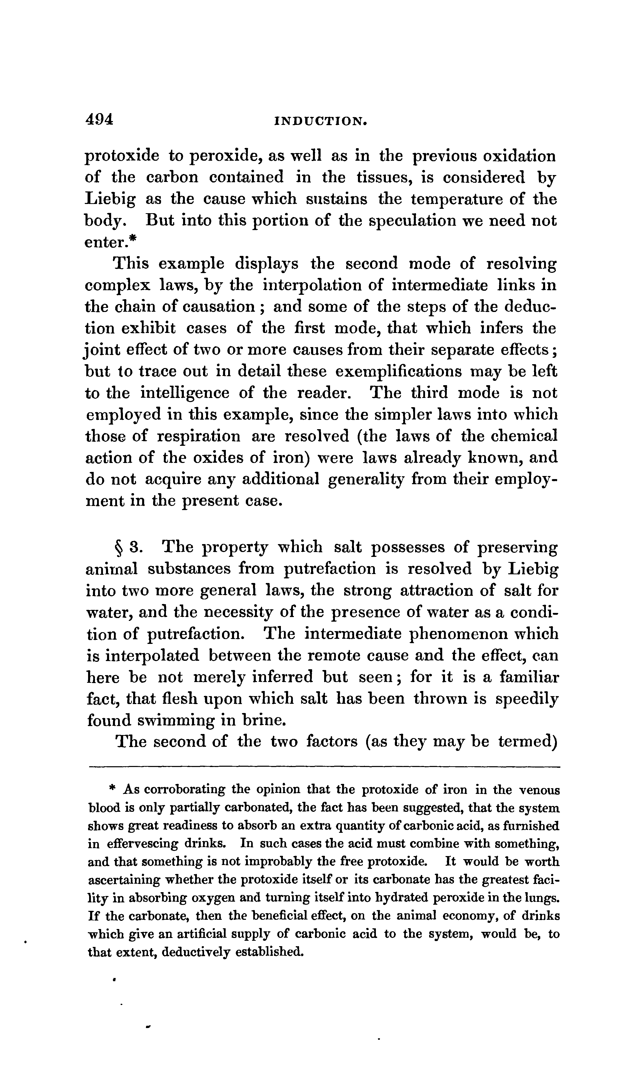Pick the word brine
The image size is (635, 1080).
pos(262,720)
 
